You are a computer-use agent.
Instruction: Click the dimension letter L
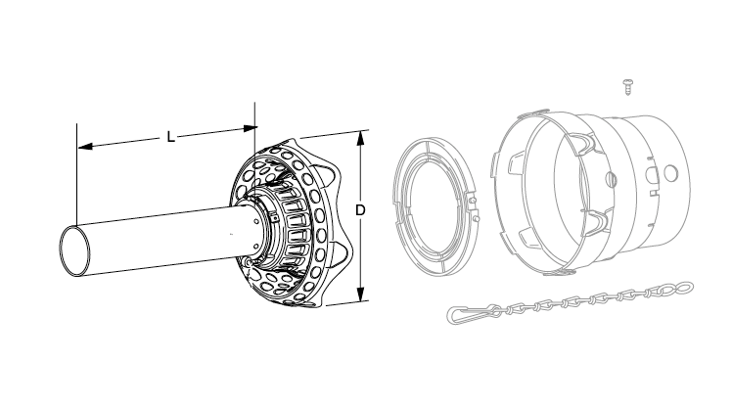[x=171, y=137]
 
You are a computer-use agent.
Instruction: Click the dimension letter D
[x=360, y=210]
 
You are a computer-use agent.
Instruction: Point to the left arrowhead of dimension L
[x=85, y=147]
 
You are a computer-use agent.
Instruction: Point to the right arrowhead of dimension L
[x=251, y=127]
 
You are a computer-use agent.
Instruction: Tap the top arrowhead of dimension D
[x=360, y=138]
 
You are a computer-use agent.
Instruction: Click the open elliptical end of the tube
[x=74, y=250]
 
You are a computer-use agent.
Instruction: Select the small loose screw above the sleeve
[x=627, y=87]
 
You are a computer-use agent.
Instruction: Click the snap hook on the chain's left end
[x=473, y=313]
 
